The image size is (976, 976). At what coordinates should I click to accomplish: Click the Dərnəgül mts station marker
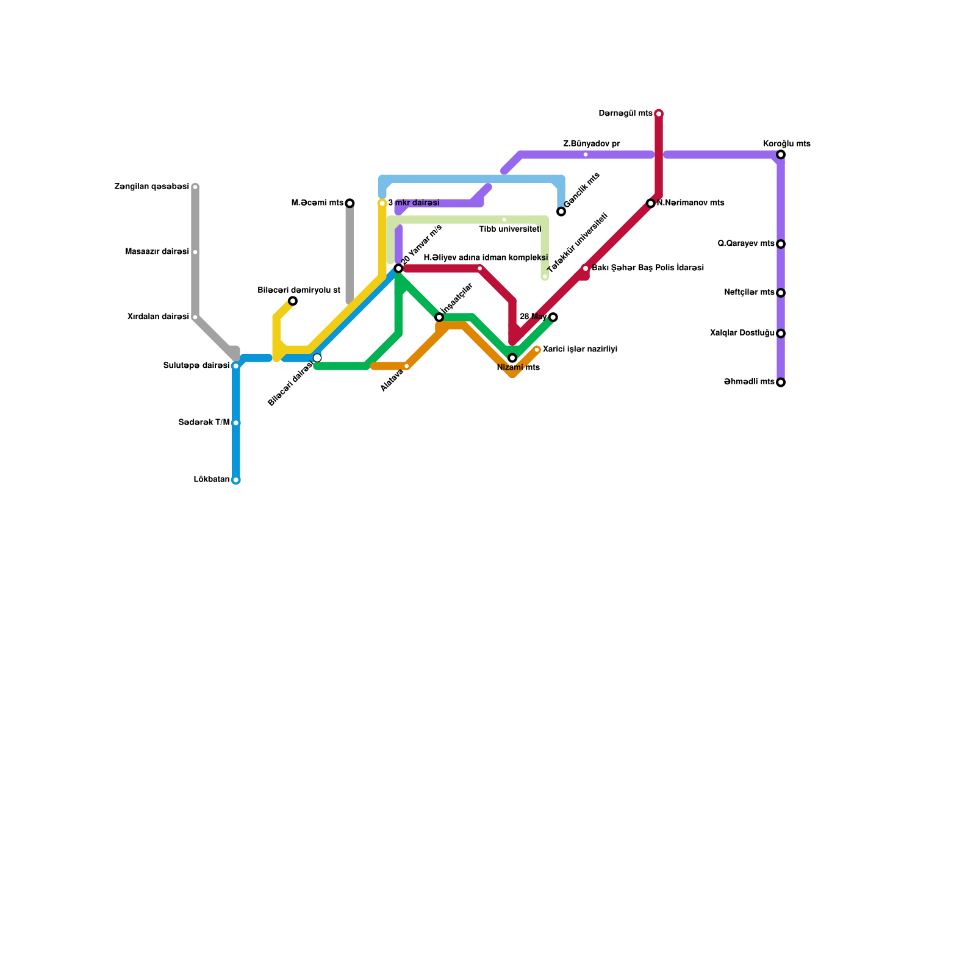click(659, 113)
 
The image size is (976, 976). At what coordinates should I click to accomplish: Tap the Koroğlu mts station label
click(786, 144)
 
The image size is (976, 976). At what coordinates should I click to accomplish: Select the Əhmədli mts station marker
click(781, 382)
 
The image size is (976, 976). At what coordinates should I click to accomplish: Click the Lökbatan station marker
click(236, 480)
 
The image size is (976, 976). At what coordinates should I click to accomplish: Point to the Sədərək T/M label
click(204, 423)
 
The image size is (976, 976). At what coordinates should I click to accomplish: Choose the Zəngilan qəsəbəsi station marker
click(195, 187)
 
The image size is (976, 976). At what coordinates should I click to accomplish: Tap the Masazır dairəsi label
click(157, 252)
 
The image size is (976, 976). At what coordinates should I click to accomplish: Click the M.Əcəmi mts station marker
click(350, 203)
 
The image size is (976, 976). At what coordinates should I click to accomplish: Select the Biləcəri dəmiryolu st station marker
click(293, 301)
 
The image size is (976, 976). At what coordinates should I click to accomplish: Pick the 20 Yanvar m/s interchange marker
click(398, 268)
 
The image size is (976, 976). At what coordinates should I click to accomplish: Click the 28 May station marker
click(553, 317)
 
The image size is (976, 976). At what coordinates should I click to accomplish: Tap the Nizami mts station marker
click(512, 358)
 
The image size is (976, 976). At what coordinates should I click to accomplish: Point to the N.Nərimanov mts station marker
click(651, 203)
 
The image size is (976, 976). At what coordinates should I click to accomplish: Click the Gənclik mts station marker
click(561, 212)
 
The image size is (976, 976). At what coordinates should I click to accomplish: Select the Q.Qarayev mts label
click(746, 244)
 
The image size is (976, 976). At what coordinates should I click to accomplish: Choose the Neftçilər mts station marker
click(781, 293)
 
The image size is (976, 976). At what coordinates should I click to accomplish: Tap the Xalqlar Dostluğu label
click(742, 334)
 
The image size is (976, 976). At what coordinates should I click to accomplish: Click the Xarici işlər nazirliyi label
click(579, 350)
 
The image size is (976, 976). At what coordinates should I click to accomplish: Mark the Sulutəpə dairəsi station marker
click(236, 366)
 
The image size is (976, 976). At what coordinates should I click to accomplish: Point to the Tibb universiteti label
click(510, 229)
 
